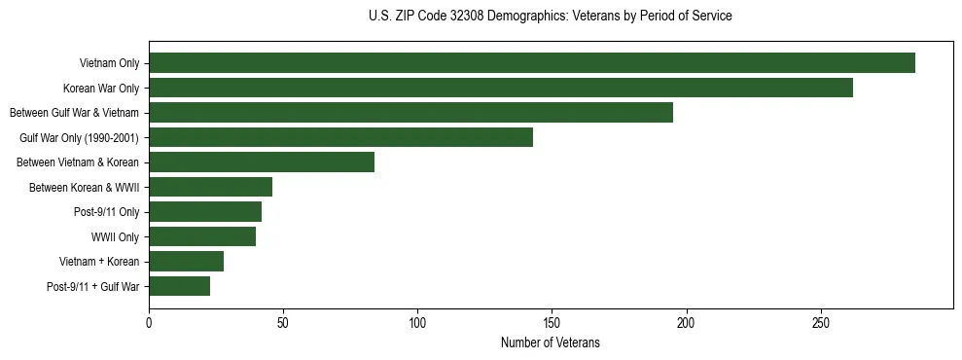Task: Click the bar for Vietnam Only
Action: [x=532, y=63]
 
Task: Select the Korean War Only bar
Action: [x=501, y=88]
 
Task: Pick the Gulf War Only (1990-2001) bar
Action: [x=340, y=137]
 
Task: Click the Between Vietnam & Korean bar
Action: [x=262, y=162]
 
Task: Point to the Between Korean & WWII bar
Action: [x=210, y=187]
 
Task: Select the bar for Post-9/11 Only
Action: [x=205, y=212]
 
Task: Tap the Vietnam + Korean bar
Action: [x=186, y=262]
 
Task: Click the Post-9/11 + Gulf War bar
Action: [x=179, y=286]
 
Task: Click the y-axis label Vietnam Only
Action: [x=109, y=63]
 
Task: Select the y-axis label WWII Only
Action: [x=115, y=236]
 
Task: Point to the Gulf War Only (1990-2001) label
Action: [x=80, y=137]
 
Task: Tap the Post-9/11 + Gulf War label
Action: [x=93, y=286]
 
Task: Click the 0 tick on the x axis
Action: [x=149, y=322]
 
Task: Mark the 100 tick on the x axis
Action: [x=417, y=322]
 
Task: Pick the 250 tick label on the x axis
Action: [x=821, y=322]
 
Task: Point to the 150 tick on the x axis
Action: [x=552, y=322]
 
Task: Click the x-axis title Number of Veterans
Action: [x=550, y=342]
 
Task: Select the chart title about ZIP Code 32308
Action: [x=550, y=17]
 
